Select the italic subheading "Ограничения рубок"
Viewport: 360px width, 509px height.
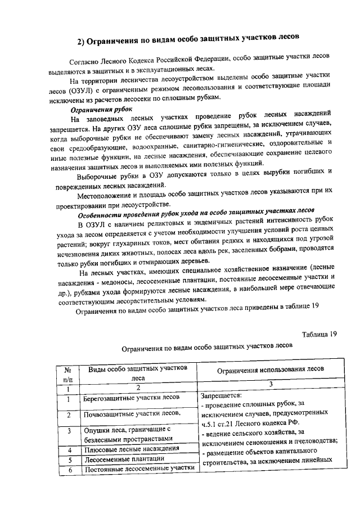coord(101,109)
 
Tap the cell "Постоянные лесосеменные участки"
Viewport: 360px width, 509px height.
coord(138,469)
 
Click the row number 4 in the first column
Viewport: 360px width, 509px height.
coord(68,450)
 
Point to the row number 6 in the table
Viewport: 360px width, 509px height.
coord(68,470)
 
